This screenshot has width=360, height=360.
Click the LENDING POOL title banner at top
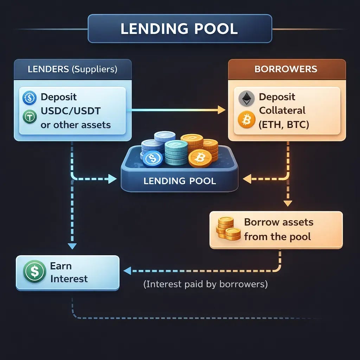179,29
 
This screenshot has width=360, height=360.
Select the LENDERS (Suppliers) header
72,69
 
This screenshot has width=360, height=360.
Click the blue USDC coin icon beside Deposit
30,98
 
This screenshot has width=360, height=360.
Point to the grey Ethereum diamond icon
246,99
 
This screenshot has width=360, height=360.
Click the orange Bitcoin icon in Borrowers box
246,120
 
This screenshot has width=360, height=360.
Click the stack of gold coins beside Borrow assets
227,229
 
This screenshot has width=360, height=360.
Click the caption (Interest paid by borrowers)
206,284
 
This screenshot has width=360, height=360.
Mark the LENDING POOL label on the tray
180,181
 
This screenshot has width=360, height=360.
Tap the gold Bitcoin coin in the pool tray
200,159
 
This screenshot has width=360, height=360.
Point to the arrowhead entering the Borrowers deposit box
221,110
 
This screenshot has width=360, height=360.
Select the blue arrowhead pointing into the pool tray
112,179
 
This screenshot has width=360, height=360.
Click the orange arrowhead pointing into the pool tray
247,179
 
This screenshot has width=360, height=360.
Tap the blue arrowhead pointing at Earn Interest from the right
127,271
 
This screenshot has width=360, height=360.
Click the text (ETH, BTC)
284,124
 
